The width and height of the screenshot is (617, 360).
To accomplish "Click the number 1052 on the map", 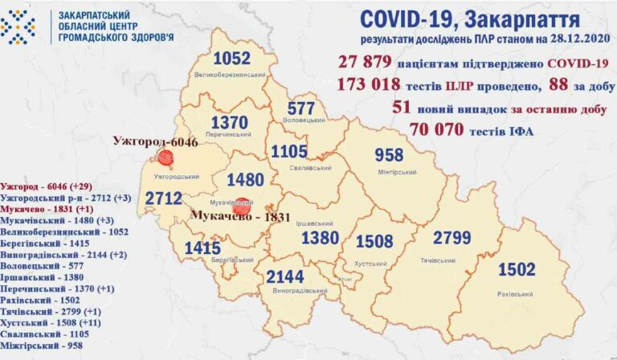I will tap(232, 59).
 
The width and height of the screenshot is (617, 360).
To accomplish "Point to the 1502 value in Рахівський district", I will tap(517, 269).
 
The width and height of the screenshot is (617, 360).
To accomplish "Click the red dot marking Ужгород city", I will tap(165, 158).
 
